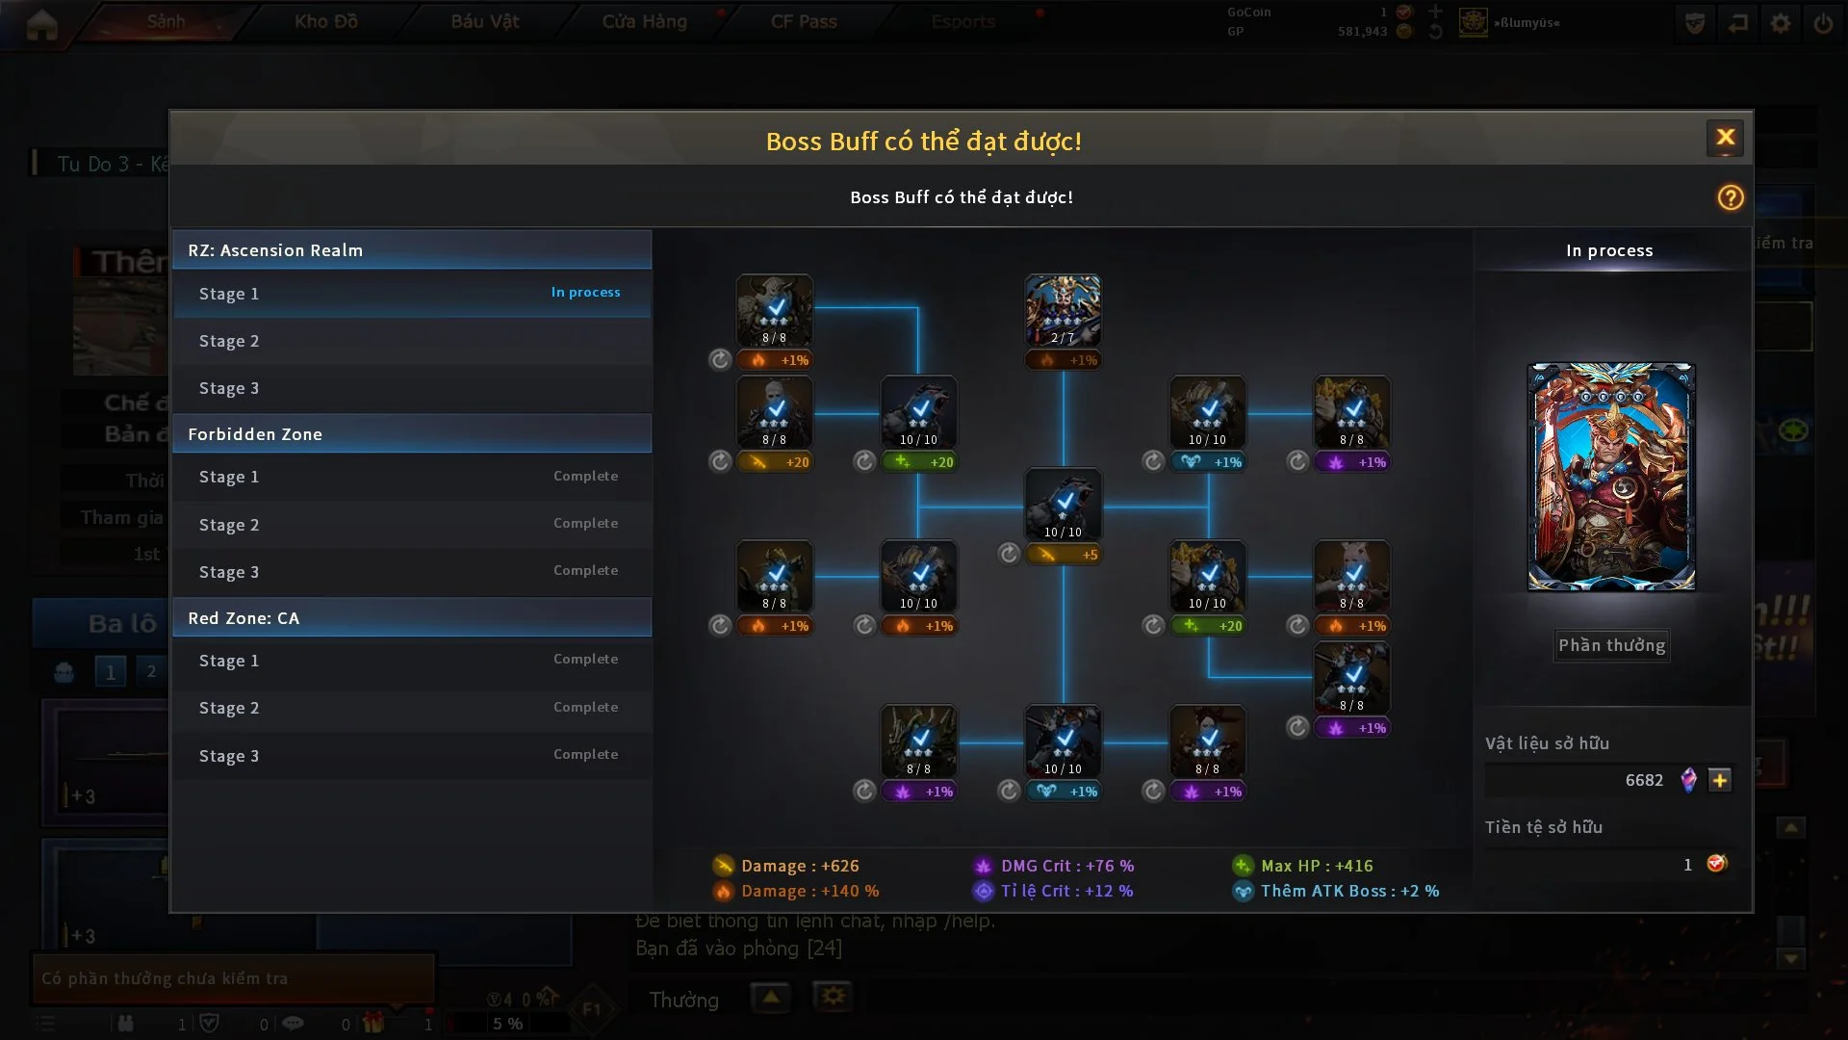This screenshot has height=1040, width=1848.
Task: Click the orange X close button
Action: coord(1725,138)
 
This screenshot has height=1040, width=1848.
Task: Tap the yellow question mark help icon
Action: coord(1730,197)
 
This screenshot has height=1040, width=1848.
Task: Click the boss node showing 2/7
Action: coord(1063,310)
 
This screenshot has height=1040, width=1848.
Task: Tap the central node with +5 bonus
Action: coord(1063,505)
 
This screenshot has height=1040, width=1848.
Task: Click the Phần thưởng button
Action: coord(1611,645)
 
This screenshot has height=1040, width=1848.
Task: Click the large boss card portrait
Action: coord(1611,477)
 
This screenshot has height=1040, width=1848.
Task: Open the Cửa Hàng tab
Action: coord(644,21)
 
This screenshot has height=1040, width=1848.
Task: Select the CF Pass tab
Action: coord(804,21)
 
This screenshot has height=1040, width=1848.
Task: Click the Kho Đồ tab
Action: coord(325,21)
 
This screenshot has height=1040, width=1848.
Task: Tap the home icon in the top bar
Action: coord(41,24)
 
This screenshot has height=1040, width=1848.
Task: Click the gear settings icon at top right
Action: coord(1780,23)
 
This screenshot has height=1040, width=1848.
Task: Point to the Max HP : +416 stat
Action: coord(1316,866)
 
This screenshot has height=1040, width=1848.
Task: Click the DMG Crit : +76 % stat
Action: coord(1066,866)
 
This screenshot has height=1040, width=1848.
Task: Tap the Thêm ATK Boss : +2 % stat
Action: coord(1348,891)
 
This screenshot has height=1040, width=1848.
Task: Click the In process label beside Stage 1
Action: coord(585,292)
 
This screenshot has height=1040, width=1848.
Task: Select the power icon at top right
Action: coord(1822,23)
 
